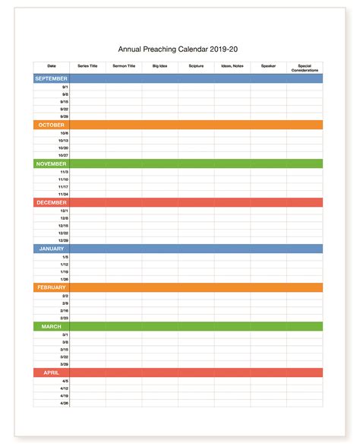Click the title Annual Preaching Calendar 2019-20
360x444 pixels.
(179, 49)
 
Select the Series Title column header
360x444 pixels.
(88, 66)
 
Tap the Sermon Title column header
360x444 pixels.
(124, 66)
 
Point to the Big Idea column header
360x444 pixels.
(160, 66)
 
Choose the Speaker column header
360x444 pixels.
(268, 66)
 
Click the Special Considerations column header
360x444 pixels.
(305, 68)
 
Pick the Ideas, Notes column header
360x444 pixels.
(232, 66)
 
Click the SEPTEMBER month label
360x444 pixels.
(52, 78)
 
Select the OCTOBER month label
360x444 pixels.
(52, 125)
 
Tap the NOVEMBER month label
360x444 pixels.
(52, 163)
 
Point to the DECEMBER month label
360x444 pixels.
(52, 203)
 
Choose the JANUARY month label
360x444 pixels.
(52, 249)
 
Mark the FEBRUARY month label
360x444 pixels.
(52, 287)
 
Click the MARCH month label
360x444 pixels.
(52, 326)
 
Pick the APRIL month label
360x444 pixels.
(52, 373)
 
